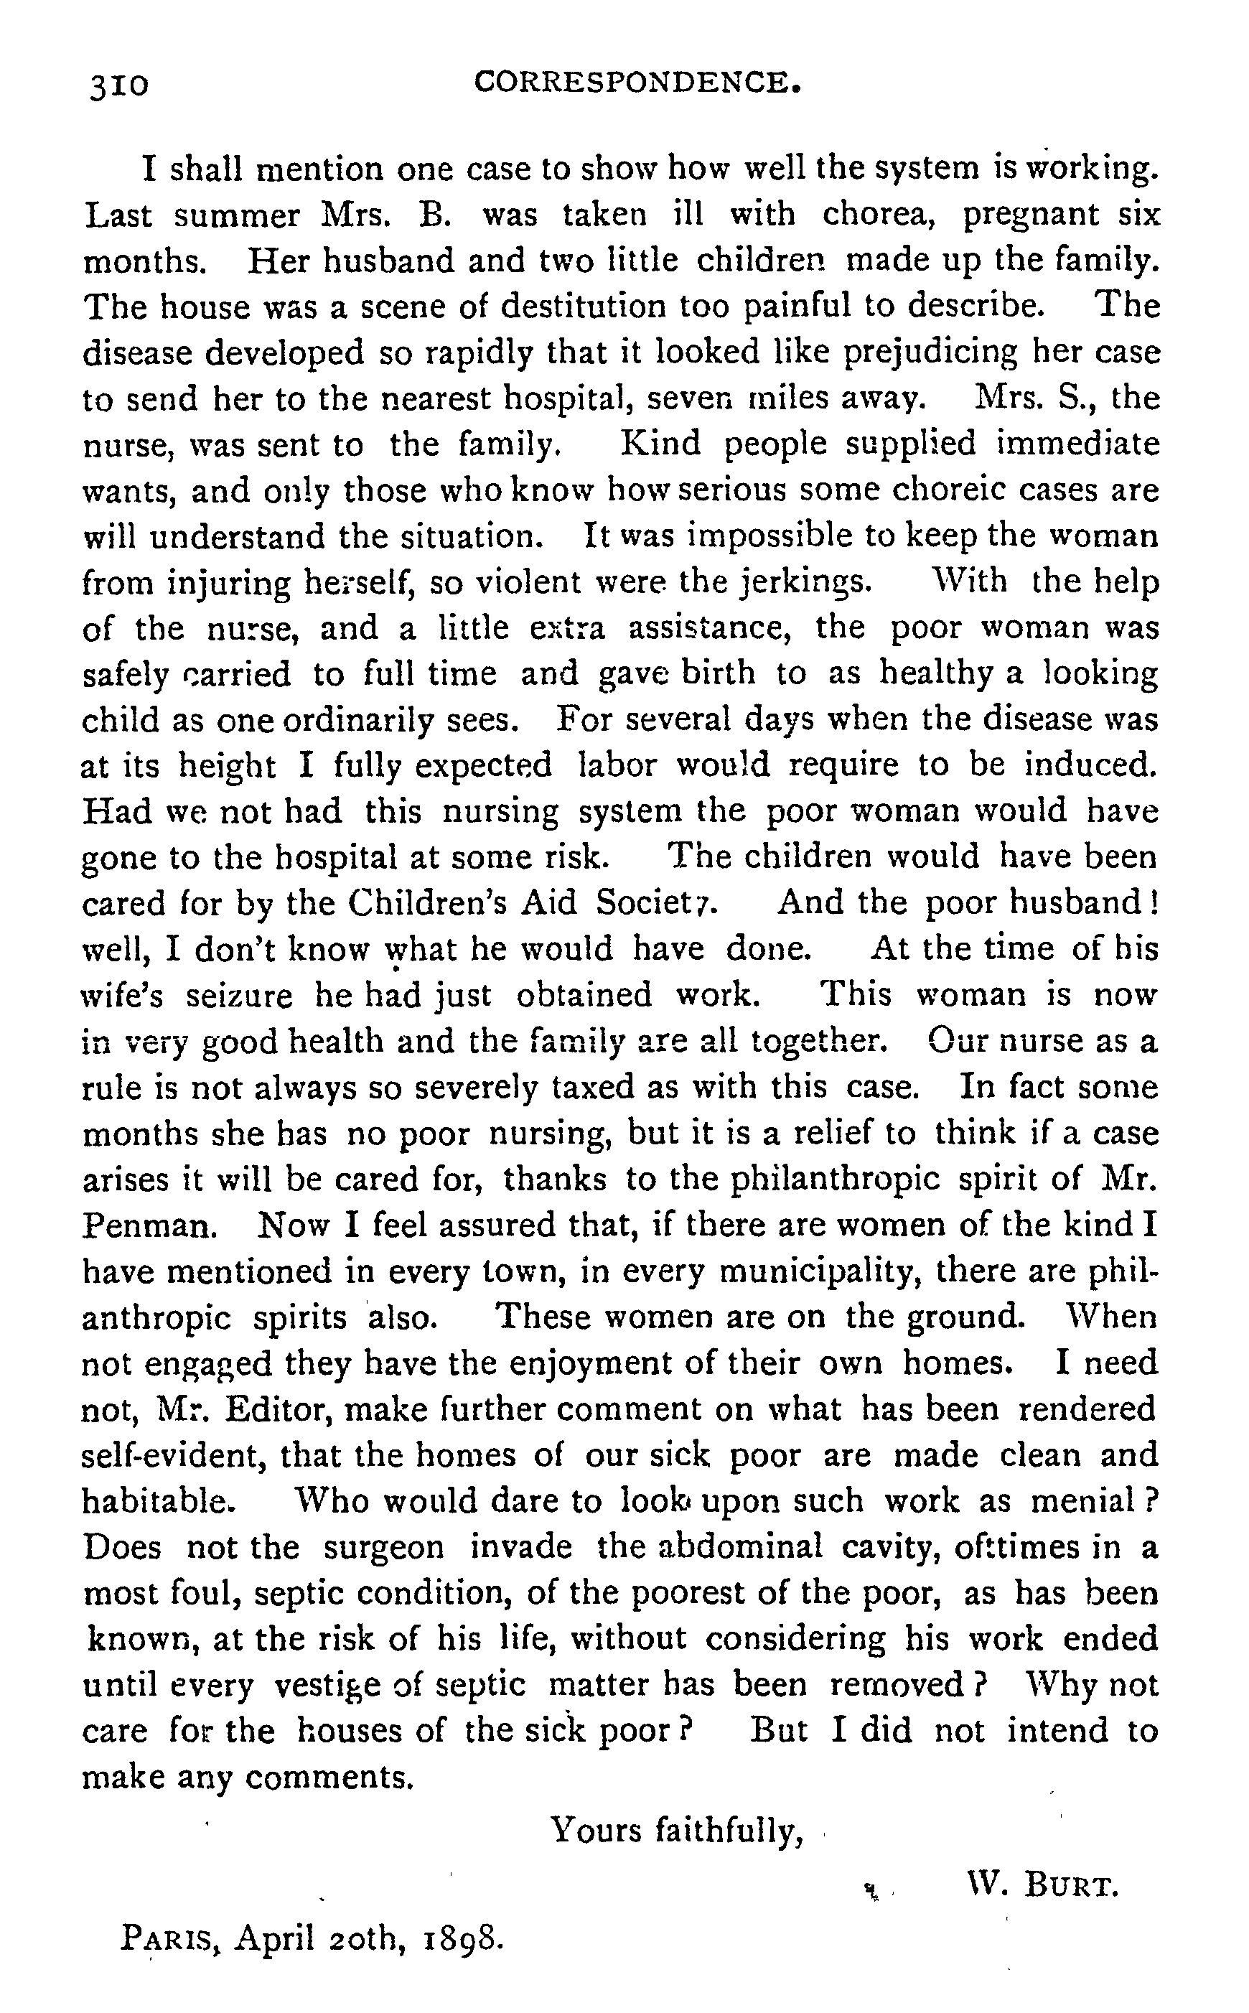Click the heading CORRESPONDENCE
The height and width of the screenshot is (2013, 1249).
[637, 82]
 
